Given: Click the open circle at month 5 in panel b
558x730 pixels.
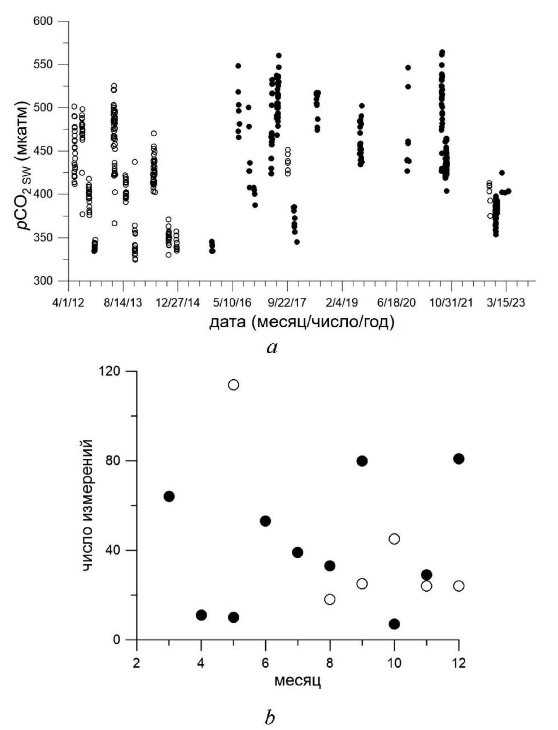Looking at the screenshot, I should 233,385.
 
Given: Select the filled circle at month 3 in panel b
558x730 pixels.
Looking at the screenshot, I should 169,496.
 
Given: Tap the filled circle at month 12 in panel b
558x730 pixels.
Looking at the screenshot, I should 459,458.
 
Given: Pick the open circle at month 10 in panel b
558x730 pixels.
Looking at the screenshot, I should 394,539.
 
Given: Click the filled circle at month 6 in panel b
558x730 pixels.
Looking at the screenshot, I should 265,521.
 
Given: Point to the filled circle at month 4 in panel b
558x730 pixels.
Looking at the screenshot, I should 201,615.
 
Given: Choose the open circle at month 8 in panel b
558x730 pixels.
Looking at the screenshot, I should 330,599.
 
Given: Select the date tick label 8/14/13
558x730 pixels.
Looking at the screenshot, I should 123,303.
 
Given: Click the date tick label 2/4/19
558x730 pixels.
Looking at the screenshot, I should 342,303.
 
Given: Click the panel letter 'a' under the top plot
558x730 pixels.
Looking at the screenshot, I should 272,347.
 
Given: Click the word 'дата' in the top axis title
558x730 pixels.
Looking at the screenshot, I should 227,322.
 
